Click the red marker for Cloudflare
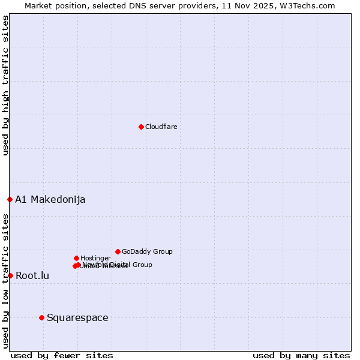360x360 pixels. point(141,127)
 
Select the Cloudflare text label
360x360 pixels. point(161,127)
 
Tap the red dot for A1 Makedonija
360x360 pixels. point(10,199)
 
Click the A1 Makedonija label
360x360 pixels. point(50,200)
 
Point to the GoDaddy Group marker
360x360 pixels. point(118,251)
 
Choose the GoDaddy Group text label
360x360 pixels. point(147,252)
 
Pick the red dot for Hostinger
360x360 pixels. point(76,258)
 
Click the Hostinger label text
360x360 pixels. point(95,259)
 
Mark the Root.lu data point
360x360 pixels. point(10,275)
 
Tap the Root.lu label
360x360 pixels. point(32,276)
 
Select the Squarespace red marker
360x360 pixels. point(41,317)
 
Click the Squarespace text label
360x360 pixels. point(77,318)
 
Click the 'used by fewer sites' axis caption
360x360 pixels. point(62,355)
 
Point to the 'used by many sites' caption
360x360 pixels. point(301,355)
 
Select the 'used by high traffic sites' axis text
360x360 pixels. point(6,85)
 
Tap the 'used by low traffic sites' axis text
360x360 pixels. point(6,281)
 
